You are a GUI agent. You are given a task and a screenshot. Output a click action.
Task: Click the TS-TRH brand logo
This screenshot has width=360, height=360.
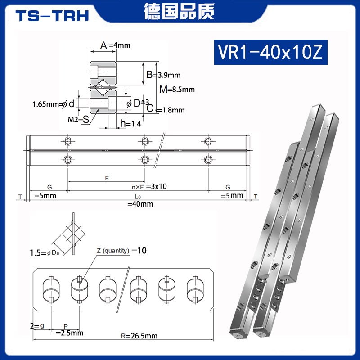(52, 16)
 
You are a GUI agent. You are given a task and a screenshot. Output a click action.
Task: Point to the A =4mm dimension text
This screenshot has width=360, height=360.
(115, 45)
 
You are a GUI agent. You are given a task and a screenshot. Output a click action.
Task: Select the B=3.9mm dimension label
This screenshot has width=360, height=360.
(164, 75)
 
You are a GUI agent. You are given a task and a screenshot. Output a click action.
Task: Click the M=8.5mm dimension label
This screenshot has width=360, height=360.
(177, 89)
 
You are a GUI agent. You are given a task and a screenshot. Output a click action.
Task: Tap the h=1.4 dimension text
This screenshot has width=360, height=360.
(131, 124)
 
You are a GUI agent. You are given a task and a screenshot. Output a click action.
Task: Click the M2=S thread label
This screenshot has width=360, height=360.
(78, 119)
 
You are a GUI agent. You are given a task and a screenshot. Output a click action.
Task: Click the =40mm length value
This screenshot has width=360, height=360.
(140, 204)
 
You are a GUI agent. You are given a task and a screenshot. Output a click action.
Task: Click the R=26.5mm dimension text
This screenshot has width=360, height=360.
(141, 336)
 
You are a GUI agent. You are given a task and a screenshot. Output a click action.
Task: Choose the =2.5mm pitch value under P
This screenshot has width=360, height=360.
(69, 333)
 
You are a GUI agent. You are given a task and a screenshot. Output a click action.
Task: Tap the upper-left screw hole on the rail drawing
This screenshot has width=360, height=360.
(67, 141)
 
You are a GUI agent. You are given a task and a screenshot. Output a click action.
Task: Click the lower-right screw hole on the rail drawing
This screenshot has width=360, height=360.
(208, 159)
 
